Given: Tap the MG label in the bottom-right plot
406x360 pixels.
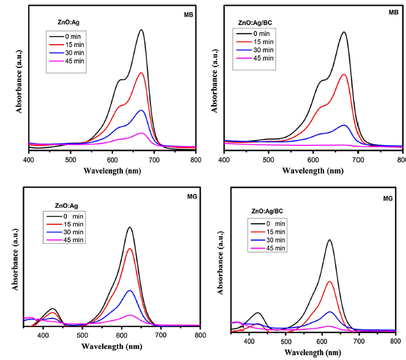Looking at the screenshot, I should (388, 199).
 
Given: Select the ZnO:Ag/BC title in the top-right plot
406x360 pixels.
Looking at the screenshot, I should (256, 23).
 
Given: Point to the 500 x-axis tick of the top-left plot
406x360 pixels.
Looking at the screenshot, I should (71, 159).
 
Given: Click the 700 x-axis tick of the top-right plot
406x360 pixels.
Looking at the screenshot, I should (358, 159).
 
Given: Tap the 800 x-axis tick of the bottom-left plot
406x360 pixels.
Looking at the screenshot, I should (200, 336).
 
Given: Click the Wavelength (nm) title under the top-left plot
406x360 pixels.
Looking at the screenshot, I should (113, 171).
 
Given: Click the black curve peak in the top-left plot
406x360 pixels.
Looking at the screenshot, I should (141, 30).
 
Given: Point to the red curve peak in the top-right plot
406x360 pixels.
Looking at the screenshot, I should (344, 75).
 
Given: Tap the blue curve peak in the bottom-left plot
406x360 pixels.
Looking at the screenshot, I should (130, 290).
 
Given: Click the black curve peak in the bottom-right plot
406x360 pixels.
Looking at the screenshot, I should (330, 240).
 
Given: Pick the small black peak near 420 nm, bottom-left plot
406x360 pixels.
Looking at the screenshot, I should (53, 309).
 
